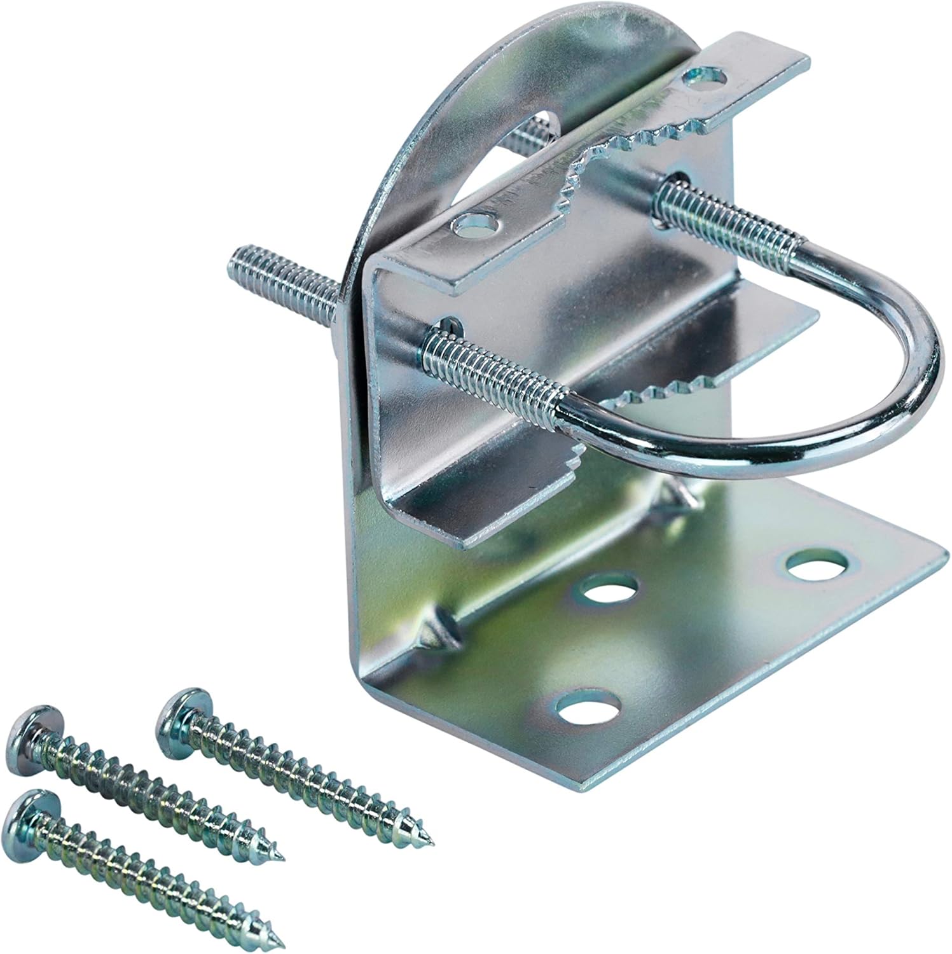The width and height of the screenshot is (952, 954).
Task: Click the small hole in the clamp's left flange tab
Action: coord(478,224)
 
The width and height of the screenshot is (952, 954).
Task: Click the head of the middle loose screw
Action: coord(32,731)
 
